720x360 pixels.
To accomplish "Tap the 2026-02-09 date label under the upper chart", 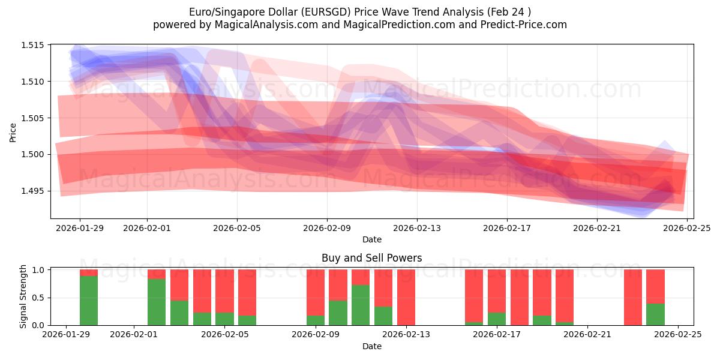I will [x=327, y=228].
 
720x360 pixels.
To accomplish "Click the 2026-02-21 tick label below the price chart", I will [x=597, y=228].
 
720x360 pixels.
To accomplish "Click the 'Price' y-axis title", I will [x=13, y=132].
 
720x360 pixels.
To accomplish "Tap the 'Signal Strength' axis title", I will [x=23, y=296].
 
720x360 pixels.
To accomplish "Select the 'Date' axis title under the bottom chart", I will [x=371, y=346].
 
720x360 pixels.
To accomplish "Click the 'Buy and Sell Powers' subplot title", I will [x=371, y=258].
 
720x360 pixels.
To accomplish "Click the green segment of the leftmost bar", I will [x=89, y=301].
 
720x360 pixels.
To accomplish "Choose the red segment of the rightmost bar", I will [x=655, y=286].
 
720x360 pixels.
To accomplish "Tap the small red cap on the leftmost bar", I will [x=89, y=273].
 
